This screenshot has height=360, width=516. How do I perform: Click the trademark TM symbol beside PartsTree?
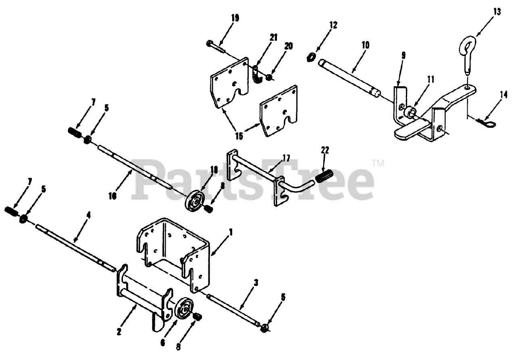(x=378, y=163)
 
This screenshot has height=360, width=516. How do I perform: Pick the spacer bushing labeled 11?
(x=412, y=110)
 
